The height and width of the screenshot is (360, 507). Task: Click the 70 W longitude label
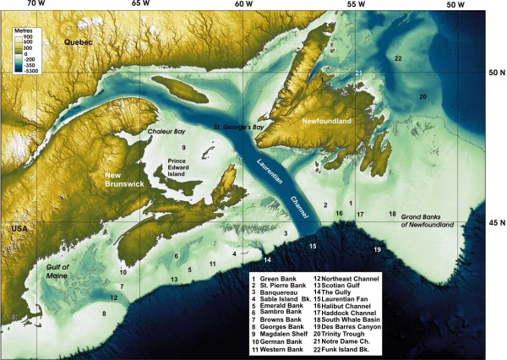point(35,5)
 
